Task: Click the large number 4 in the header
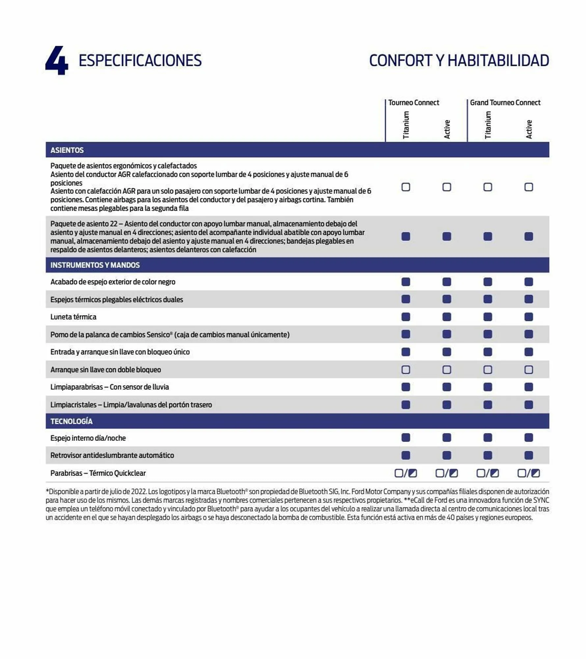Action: click(x=57, y=61)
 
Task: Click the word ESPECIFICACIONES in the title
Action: click(x=140, y=61)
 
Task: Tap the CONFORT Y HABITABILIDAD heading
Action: click(x=459, y=61)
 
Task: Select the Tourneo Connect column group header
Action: click(x=413, y=103)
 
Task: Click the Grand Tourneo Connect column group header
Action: click(x=505, y=103)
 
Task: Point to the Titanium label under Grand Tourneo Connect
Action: click(x=488, y=125)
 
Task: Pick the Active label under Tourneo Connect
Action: click(x=447, y=129)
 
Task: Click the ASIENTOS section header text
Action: click(x=67, y=150)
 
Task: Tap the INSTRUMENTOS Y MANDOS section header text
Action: click(x=95, y=265)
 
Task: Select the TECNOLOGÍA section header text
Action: click(x=71, y=421)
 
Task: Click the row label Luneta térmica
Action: click(x=73, y=317)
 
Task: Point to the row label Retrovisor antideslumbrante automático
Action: click(x=112, y=455)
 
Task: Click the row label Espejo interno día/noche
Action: click(x=88, y=438)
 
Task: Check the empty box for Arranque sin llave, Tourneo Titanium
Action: click(x=406, y=370)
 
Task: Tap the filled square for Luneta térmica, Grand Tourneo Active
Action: click(x=529, y=317)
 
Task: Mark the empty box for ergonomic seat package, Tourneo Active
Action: click(x=447, y=187)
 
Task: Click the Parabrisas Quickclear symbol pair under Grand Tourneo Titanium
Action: click(x=488, y=473)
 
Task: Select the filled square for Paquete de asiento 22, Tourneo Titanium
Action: click(x=406, y=237)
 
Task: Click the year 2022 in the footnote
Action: click(x=138, y=492)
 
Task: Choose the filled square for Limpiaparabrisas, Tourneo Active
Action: click(x=447, y=387)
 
